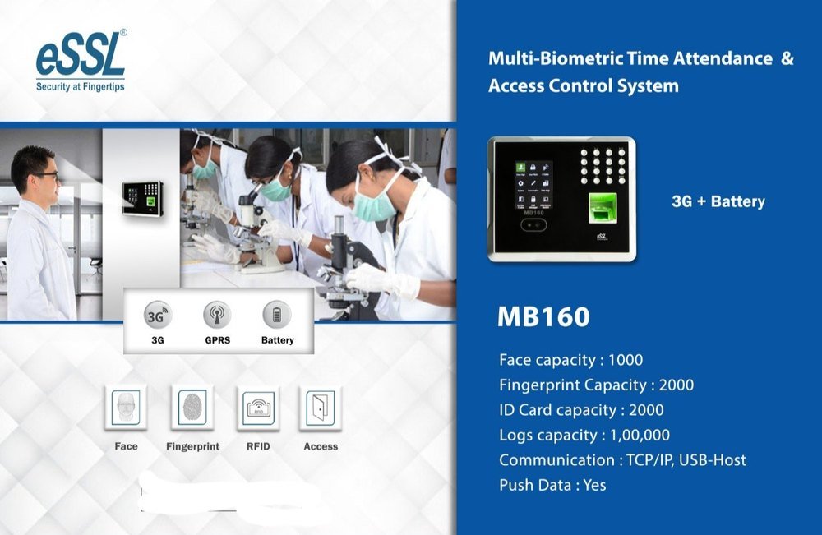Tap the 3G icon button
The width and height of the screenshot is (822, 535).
[x=156, y=315]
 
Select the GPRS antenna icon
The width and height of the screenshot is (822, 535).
[x=217, y=315]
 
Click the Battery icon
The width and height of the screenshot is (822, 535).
[x=277, y=315]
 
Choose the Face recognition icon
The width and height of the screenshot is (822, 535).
[x=126, y=408]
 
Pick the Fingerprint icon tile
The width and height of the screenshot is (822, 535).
[x=192, y=408]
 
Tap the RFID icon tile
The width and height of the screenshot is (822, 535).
[x=257, y=408]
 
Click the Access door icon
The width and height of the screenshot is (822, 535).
[x=321, y=408]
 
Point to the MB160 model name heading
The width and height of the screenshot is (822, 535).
[x=543, y=318]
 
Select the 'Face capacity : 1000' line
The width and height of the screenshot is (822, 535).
[x=570, y=360]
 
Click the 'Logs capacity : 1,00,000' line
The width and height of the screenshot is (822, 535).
[x=584, y=435]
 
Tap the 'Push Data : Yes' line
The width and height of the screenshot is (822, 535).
[x=552, y=485]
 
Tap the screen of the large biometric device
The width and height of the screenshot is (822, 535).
[x=533, y=185]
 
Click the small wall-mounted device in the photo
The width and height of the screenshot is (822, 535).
[x=142, y=198]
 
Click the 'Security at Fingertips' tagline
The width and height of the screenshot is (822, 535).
[x=81, y=85]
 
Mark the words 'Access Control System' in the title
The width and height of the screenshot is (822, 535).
[x=584, y=85]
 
